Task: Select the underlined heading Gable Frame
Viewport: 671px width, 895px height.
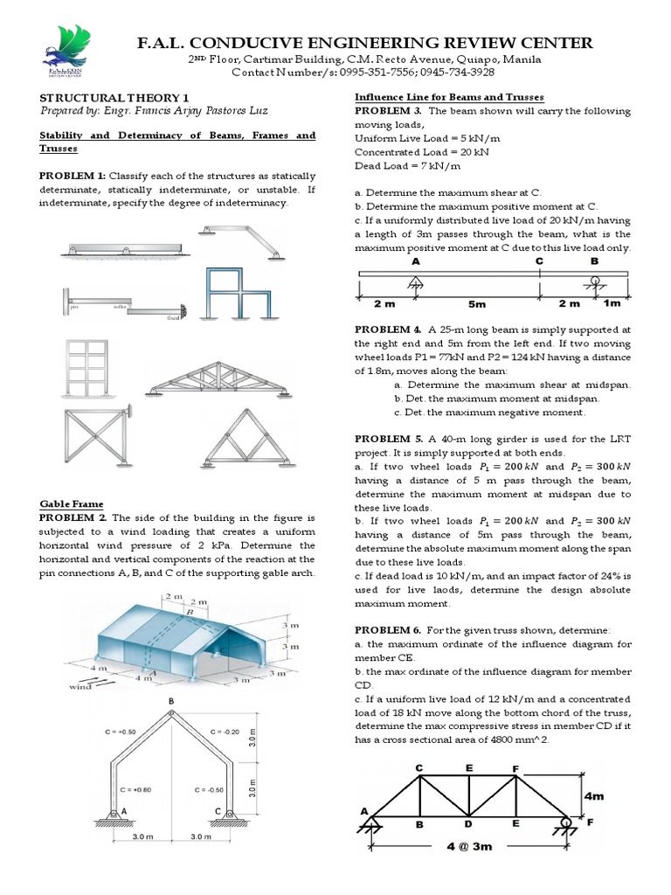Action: point(72,503)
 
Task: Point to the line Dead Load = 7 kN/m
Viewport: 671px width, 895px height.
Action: point(396,165)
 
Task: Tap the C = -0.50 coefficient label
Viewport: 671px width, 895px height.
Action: point(224,788)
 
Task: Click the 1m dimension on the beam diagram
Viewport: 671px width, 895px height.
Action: point(612,303)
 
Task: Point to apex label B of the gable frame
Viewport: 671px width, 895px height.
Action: point(171,701)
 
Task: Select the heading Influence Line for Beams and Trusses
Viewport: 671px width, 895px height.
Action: point(448,97)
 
